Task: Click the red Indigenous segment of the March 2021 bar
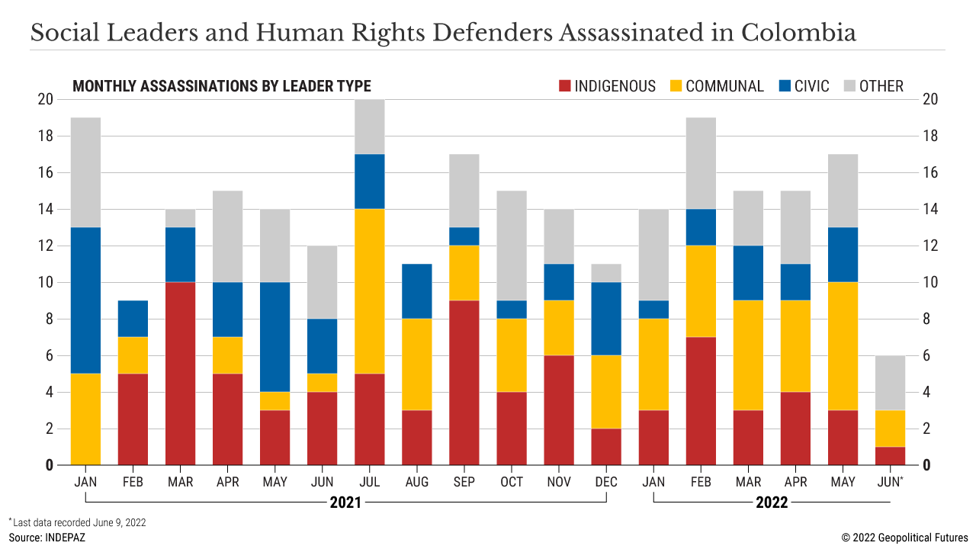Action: coord(181,374)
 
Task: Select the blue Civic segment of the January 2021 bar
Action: coord(85,300)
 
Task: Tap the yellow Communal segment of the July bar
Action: coord(370,291)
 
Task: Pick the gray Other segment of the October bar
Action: coord(512,246)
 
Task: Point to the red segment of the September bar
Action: coord(464,383)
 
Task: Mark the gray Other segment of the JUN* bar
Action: coord(890,383)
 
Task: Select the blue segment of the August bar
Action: coord(417,291)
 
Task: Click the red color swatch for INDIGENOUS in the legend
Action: coord(564,86)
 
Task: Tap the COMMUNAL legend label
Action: coord(724,86)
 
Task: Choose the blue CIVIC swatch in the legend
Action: coord(782,86)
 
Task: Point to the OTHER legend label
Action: coord(881,86)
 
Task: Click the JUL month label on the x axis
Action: coord(370,482)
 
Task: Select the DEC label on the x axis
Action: coord(606,482)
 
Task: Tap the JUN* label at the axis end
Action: coord(891,482)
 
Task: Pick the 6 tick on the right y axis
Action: coord(927,355)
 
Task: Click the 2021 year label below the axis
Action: coord(345,503)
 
